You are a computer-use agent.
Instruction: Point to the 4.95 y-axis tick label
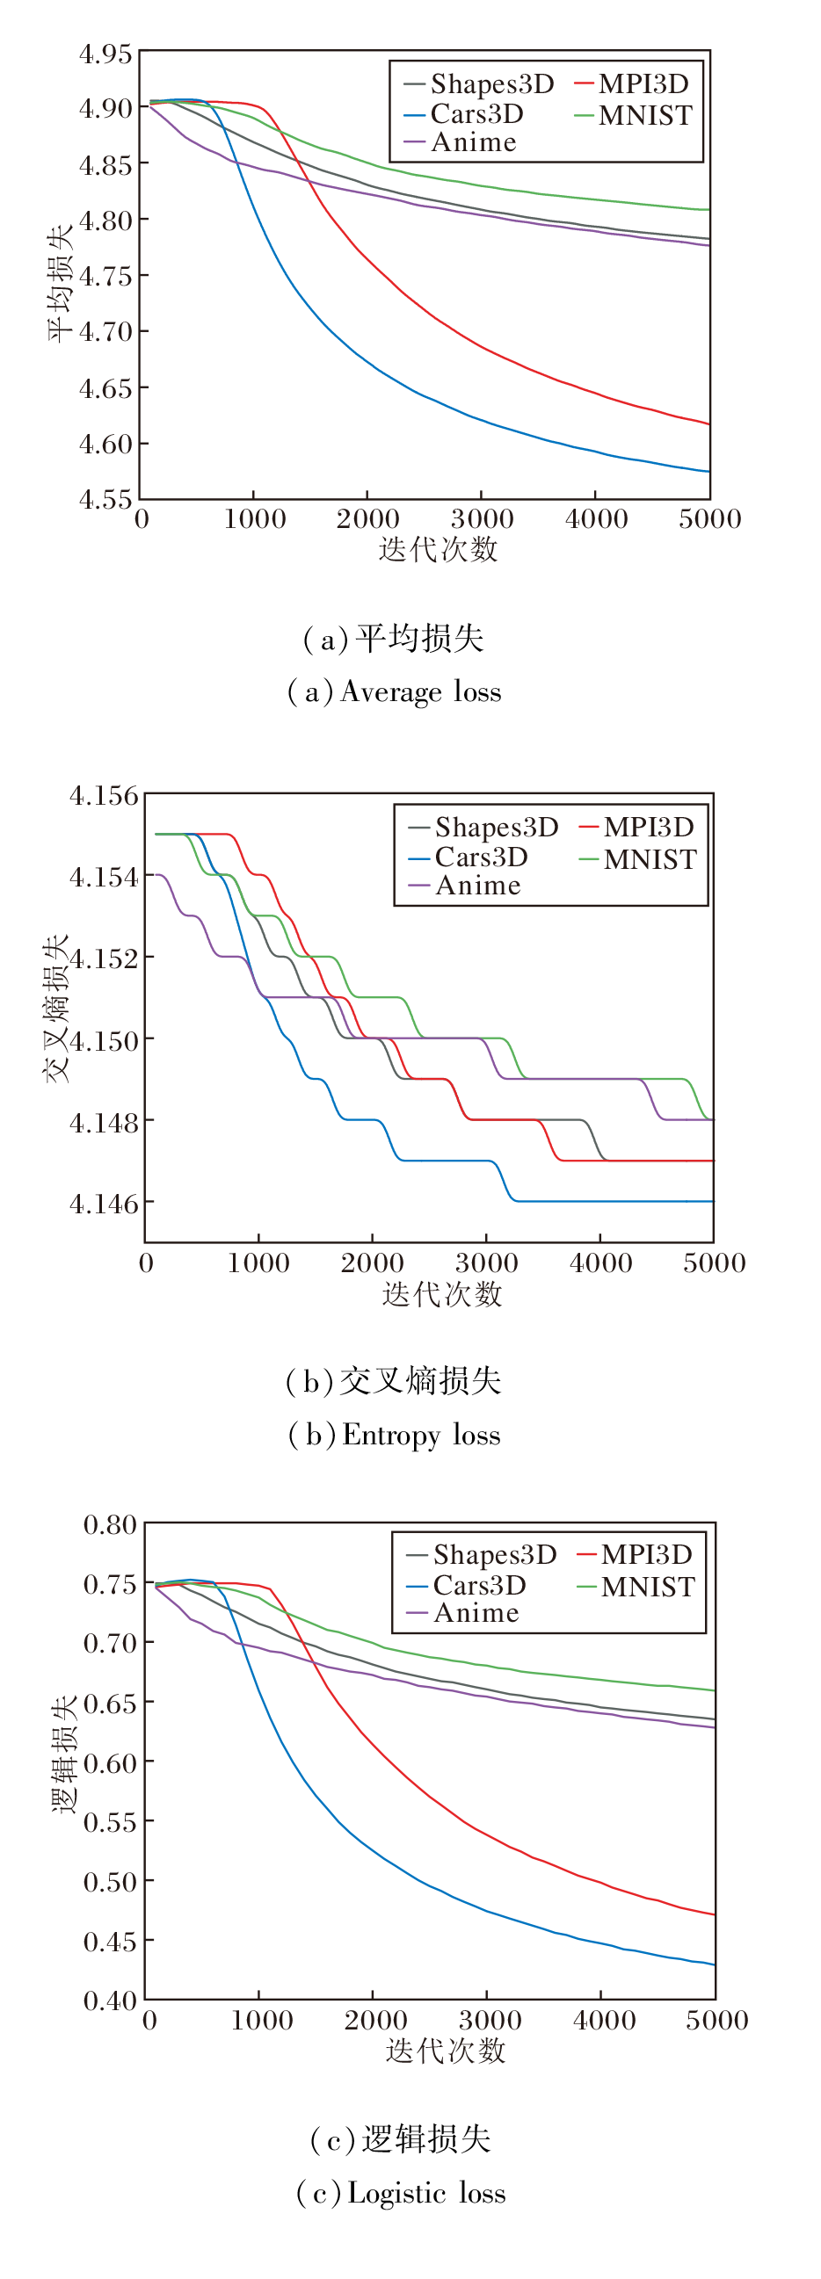click(x=105, y=54)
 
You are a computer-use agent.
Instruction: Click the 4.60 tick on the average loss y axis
click(x=105, y=444)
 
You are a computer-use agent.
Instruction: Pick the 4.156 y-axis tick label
click(x=105, y=795)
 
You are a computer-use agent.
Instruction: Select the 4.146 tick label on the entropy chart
click(x=105, y=1204)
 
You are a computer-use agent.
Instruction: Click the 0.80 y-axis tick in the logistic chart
click(x=110, y=1524)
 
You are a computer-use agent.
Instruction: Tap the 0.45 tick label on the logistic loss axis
click(x=110, y=1941)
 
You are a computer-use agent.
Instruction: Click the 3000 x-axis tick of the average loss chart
click(x=482, y=519)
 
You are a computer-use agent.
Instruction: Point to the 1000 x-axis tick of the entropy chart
click(x=258, y=1263)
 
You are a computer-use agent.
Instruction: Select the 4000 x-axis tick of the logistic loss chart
click(x=603, y=2021)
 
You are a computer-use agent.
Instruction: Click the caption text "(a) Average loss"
click(x=395, y=691)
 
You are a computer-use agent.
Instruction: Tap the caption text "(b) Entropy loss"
click(x=395, y=1435)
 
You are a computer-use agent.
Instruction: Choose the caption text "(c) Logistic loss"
click(x=401, y=2193)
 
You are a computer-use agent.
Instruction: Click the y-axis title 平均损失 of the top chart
click(x=59, y=282)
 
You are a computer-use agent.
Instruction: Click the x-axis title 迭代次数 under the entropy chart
click(x=441, y=1294)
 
